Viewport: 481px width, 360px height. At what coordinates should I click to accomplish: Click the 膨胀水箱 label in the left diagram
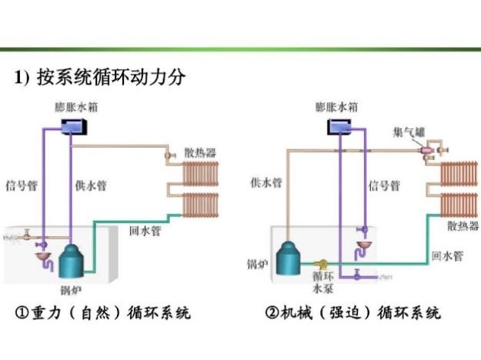point(76,106)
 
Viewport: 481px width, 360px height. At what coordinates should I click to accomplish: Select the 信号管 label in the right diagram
point(384,186)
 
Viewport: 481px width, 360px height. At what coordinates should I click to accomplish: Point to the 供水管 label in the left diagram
point(90,185)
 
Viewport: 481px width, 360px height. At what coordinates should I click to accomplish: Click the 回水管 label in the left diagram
point(145,230)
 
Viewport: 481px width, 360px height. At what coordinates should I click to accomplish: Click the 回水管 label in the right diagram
point(446,255)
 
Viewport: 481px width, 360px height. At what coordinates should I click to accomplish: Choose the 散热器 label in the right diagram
point(463,226)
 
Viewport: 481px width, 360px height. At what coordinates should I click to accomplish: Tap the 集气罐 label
point(409,132)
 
